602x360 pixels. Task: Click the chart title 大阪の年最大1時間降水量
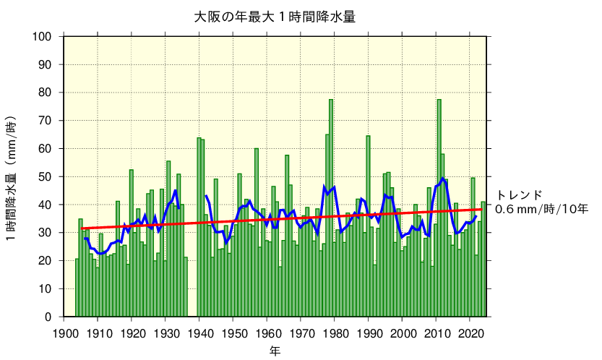tap(275, 17)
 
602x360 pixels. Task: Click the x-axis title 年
tap(275, 351)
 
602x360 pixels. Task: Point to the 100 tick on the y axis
tap(43, 36)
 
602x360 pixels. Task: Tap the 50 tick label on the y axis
tap(46, 176)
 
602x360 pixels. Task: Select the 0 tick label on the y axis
tap(48, 317)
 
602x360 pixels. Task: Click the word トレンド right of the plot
tap(518, 194)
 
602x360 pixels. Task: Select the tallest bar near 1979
tap(331, 210)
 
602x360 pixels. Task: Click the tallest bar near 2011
tap(439, 210)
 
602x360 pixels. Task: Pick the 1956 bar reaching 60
tap(257, 233)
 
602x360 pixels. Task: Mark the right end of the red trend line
tap(481, 210)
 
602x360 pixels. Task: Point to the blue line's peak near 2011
tap(442, 179)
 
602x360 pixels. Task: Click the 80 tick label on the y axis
tap(46, 93)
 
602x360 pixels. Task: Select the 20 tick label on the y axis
tap(46, 261)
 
